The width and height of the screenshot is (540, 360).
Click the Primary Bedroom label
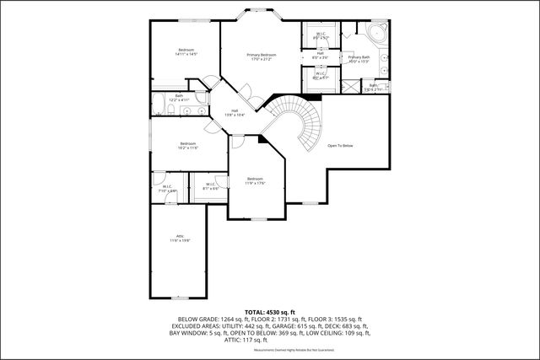pyautogui.click(x=261, y=57)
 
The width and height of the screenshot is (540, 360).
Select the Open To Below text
pyautogui.click(x=340, y=146)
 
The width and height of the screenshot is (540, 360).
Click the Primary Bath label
pyautogui.click(x=359, y=59)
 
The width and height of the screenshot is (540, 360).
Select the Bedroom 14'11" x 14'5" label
pyautogui.click(x=186, y=52)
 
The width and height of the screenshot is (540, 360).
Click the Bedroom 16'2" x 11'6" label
pyautogui.click(x=188, y=145)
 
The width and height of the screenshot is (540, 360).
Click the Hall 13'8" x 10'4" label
pyautogui.click(x=235, y=112)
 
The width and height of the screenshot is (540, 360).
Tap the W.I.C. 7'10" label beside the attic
pyautogui.click(x=166, y=189)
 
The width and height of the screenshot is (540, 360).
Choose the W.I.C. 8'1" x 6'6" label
pyautogui.click(x=210, y=187)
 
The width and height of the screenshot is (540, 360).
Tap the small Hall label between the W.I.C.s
pyautogui.click(x=321, y=55)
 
